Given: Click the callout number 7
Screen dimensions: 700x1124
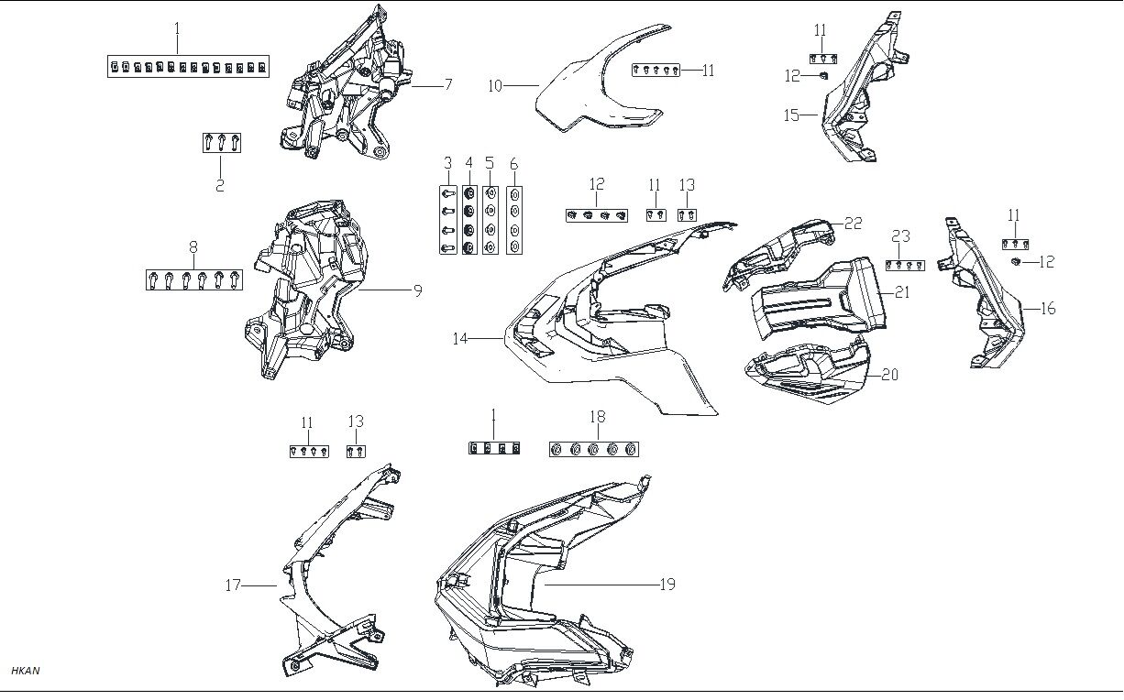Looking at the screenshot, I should point(447,85).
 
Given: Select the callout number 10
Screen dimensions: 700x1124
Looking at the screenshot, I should point(495,86).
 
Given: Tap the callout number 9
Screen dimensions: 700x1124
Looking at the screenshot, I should point(417,290).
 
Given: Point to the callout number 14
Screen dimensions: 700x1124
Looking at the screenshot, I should point(460,339).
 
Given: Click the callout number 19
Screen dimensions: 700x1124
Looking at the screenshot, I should point(667,584).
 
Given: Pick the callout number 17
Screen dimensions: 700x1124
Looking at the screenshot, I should point(235,585).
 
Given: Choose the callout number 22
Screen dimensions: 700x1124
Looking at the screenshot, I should point(853,223).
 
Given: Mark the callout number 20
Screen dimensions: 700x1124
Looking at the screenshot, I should point(889,375).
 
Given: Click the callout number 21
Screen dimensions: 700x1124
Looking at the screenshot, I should point(902,292).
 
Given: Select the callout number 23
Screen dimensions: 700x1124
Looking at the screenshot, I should point(900,235).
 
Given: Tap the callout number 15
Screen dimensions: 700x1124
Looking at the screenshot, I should point(791,115).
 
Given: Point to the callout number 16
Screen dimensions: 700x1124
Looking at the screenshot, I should point(1047,309).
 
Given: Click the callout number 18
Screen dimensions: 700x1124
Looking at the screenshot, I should point(597,417).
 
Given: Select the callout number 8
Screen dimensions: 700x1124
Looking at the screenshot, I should point(193,246).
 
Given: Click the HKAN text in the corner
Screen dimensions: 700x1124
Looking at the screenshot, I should point(25,672).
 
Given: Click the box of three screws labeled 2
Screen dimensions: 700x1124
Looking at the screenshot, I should point(221,143).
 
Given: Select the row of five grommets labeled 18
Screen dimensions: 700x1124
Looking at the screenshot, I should point(593,449).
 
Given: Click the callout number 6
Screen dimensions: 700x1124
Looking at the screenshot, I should point(513,164).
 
